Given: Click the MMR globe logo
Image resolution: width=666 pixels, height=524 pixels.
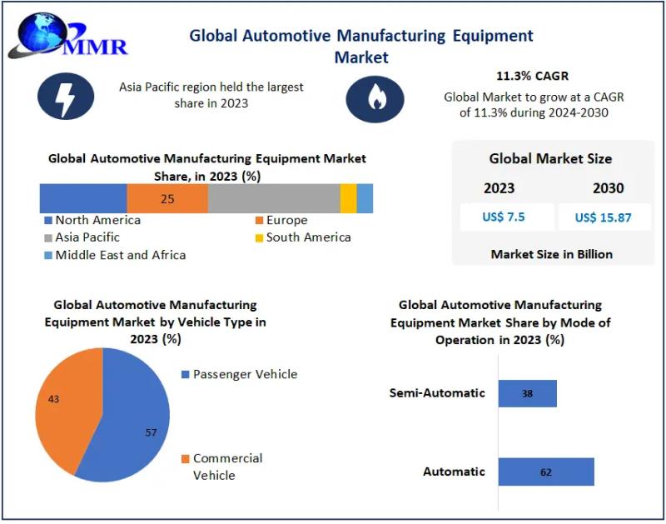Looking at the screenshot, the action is click(x=68, y=36).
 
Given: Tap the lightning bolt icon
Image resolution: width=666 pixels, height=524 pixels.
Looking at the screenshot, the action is click(x=66, y=96).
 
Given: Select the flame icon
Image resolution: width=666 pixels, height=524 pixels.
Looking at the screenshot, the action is click(x=375, y=99).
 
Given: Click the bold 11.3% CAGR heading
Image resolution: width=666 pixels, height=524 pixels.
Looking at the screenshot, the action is click(x=532, y=76).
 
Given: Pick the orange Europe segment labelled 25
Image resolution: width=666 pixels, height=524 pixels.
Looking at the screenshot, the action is click(x=167, y=198).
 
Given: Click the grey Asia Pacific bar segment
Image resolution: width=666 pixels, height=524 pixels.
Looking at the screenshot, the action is click(x=274, y=198).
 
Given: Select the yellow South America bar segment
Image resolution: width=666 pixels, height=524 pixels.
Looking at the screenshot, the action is click(x=348, y=198).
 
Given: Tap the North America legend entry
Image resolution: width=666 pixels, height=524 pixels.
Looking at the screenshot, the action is click(x=92, y=220).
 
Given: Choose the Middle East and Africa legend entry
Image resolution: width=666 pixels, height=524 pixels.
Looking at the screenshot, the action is click(x=115, y=255).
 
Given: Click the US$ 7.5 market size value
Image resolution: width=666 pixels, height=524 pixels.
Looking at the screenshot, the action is click(x=504, y=217).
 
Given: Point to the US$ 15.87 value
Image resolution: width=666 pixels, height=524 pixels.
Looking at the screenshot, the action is click(x=603, y=217).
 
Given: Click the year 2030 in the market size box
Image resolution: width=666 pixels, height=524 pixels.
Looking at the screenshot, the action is click(x=609, y=188).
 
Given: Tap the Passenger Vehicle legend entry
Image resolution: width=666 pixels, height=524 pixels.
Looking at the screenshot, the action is click(x=240, y=374).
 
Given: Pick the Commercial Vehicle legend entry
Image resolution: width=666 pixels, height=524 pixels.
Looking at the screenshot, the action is click(x=222, y=467).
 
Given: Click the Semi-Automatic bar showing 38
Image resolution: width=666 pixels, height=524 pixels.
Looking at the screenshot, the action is click(x=528, y=393).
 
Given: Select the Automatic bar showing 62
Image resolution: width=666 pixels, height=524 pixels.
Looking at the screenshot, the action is click(x=546, y=472).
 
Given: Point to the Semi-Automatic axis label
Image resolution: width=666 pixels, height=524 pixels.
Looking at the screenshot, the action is click(x=437, y=392).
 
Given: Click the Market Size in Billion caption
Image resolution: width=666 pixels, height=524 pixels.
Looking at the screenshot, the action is click(x=552, y=254).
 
